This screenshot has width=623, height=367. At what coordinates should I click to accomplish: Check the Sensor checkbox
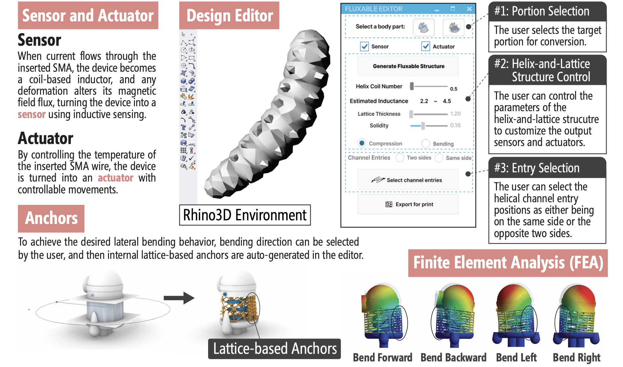pyautogui.click(x=364, y=46)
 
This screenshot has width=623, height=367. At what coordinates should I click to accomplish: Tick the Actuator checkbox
pyautogui.click(x=426, y=46)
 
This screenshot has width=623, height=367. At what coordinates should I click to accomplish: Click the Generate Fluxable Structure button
pyautogui.click(x=408, y=66)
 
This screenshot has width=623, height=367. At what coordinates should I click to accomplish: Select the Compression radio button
pyautogui.click(x=362, y=143)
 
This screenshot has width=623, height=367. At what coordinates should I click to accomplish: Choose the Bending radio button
pyautogui.click(x=426, y=143)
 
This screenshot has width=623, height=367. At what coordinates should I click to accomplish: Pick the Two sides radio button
pyautogui.click(x=400, y=158)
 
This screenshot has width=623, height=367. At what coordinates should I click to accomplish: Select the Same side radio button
pyautogui.click(x=439, y=158)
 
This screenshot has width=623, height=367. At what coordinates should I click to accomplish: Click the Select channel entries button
pyautogui.click(x=408, y=180)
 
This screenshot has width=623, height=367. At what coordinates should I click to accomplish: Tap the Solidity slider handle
pyautogui.click(x=423, y=125)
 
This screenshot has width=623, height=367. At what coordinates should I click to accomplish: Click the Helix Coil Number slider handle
pyautogui.click(x=412, y=86)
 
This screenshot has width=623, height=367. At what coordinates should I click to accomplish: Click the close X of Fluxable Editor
pyautogui.click(x=469, y=9)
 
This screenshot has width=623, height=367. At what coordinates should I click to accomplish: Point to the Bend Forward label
pyautogui.click(x=382, y=357)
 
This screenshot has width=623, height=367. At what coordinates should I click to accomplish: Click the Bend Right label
pyautogui.click(x=576, y=357)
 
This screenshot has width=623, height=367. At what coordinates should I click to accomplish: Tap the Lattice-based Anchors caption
pyautogui.click(x=275, y=349)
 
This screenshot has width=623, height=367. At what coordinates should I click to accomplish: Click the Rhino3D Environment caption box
pyautogui.click(x=245, y=215)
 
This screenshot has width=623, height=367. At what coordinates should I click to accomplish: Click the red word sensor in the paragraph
pyautogui.click(x=32, y=114)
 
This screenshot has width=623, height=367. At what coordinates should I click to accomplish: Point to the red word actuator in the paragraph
pyautogui.click(x=116, y=178)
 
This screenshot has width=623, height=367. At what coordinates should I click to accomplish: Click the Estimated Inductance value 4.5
pyautogui.click(x=447, y=101)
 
